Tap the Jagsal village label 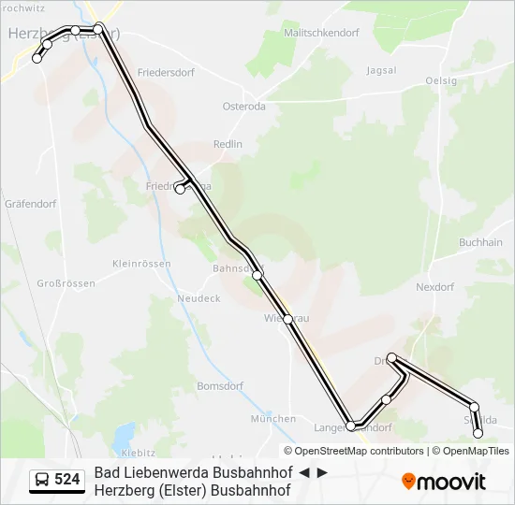pos(381,70)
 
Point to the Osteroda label pos(243,107)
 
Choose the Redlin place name pos(228,144)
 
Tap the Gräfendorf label pos(31,203)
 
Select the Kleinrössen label pos(141,264)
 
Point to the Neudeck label pos(199,298)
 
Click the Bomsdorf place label pos(220,385)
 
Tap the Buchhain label pos(481,242)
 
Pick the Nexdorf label pos(434,287)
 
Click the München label pos(273,419)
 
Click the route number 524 pos(67,480)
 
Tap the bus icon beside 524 pos(42,480)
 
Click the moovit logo pos(444,482)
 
